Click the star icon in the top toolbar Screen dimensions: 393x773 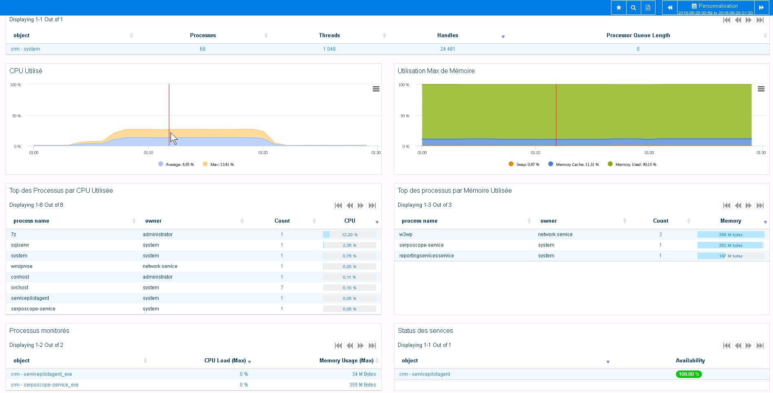coord(618,7)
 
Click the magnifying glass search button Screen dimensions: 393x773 coord(633,7)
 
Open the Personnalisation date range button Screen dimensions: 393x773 coord(715,7)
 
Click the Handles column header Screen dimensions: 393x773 coord(447,36)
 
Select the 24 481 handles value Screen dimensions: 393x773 coord(447,49)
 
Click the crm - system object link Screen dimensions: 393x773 coord(25,49)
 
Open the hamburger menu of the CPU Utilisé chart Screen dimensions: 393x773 coord(376,89)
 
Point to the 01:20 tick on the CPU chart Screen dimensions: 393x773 coord(263,152)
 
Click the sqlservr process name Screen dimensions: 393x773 coord(20,245)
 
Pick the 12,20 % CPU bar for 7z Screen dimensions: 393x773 coord(349,234)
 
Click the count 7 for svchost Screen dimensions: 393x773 coord(282,288)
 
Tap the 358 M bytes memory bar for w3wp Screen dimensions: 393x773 coord(730,234)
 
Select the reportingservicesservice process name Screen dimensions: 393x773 coord(426,256)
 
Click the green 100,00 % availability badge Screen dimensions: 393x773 coord(689,374)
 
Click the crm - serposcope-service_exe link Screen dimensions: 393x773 coord(45,385)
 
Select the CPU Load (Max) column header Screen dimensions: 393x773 coord(225,361)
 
